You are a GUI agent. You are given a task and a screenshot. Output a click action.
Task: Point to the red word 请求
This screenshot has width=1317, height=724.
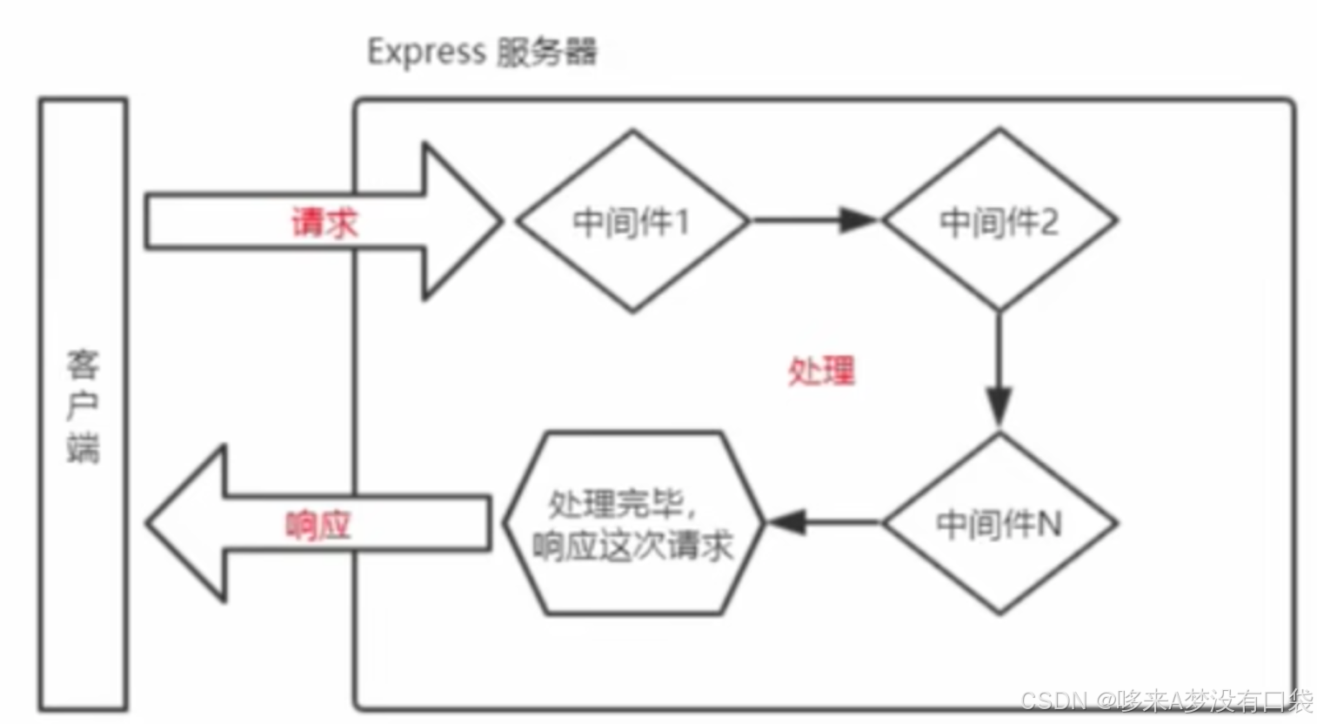[x=324, y=223]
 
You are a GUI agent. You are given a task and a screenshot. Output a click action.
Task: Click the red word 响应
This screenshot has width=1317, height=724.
[x=318, y=525]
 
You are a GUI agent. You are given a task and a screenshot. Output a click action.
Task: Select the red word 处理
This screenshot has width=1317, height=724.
[x=821, y=372]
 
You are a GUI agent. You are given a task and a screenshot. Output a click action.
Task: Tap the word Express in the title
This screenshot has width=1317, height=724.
[x=425, y=51]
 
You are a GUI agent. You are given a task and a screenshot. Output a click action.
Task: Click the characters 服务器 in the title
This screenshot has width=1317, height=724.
[x=547, y=52]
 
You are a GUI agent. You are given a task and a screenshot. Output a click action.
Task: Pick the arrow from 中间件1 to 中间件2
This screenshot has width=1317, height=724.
[x=814, y=220]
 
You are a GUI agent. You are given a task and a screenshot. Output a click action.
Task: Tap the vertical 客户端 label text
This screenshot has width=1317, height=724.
[x=84, y=406]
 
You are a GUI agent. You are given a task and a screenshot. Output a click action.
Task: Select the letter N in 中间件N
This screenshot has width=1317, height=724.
[x=1049, y=524]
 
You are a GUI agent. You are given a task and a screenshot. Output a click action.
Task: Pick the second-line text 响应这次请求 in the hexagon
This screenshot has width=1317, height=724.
[x=632, y=546]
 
